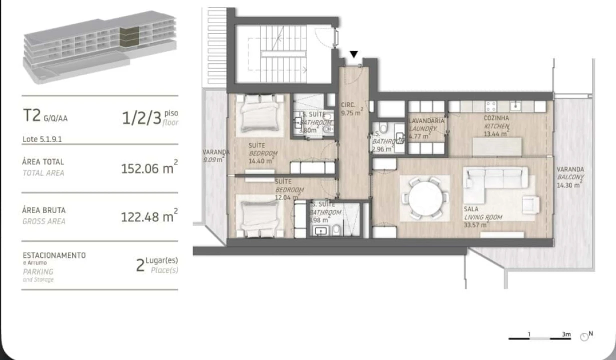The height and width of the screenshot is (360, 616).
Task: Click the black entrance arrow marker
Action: (x=354, y=54)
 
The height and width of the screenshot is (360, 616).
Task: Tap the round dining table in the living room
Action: (x=424, y=197)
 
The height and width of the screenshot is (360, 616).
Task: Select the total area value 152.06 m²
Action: (x=149, y=168)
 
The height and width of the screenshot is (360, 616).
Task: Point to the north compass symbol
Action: (x=586, y=336)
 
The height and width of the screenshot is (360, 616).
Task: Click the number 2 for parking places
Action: (x=140, y=265)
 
